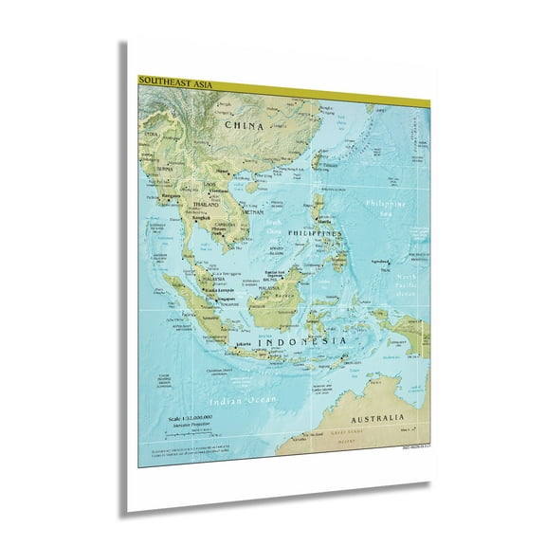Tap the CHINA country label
(x=244, y=123)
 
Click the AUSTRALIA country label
(x=378, y=417)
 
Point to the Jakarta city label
(x=245, y=344)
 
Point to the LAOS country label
(x=209, y=183)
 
